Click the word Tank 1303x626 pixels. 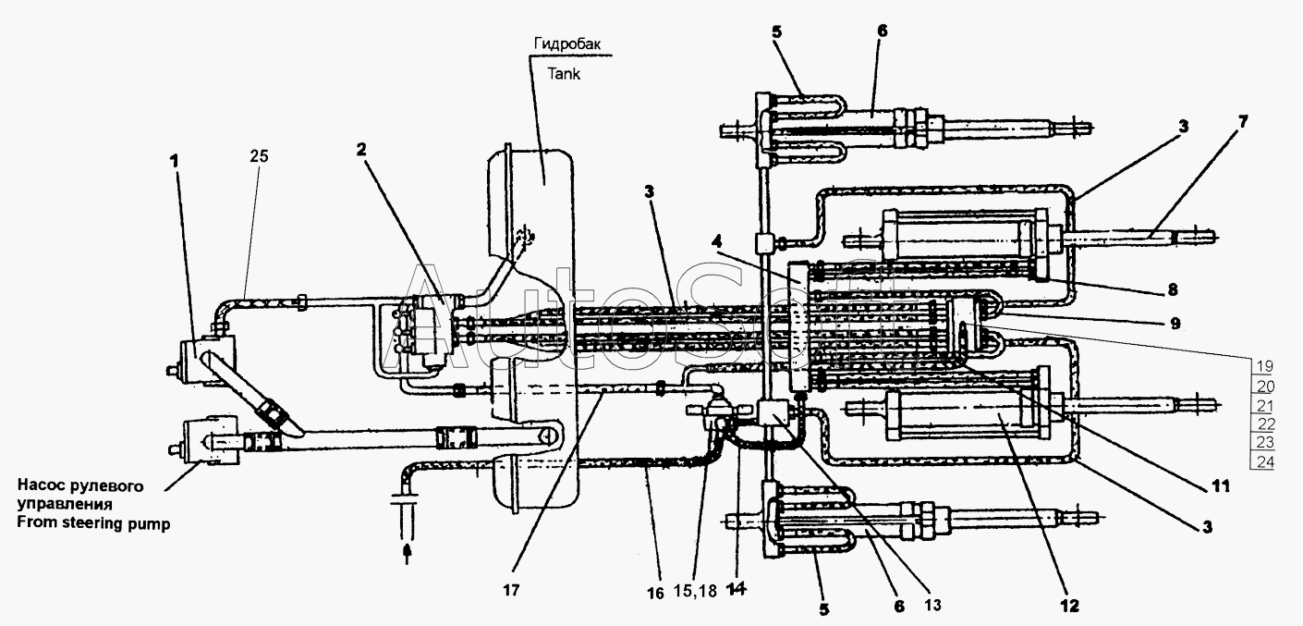(564, 74)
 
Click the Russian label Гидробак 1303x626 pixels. (567, 43)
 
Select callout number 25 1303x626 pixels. (260, 156)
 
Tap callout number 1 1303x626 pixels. (174, 161)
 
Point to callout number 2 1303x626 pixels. (361, 150)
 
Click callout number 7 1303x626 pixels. (1243, 121)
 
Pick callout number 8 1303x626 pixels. (1172, 289)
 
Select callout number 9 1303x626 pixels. (1175, 323)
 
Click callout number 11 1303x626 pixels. (1221, 485)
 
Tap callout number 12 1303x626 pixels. (1069, 606)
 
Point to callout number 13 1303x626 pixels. (932, 606)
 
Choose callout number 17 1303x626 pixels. (511, 591)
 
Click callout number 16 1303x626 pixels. (655, 593)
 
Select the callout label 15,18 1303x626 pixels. (695, 592)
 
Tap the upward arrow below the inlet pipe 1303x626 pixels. (408, 553)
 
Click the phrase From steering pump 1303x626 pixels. (93, 523)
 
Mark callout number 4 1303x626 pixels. (718, 240)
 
